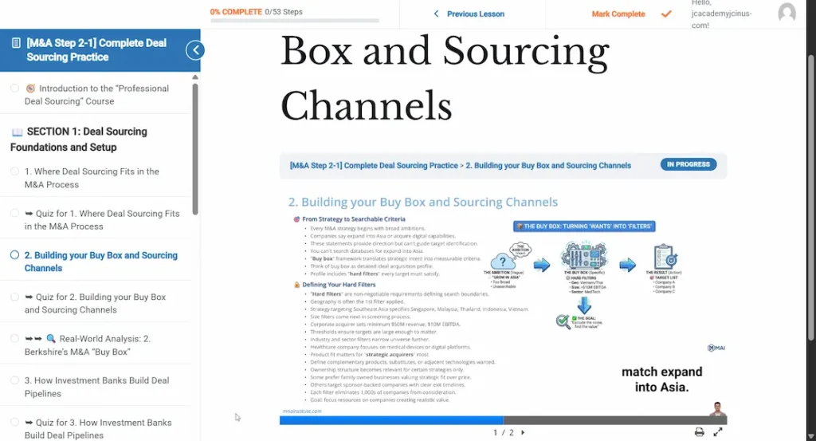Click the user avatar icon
click(787, 13)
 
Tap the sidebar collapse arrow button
click(194, 50)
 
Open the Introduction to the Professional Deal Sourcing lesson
click(96, 95)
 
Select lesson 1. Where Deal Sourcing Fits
click(92, 178)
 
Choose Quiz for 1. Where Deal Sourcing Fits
click(102, 220)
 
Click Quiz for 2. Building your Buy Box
click(95, 303)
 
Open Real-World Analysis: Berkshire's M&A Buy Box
click(94, 345)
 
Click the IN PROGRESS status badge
click(688, 164)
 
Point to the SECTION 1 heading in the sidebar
click(79, 139)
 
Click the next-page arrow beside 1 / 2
click(523, 432)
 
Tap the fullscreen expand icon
click(717, 432)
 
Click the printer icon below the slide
click(699, 432)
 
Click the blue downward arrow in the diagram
click(583, 304)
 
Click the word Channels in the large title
click(366, 105)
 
